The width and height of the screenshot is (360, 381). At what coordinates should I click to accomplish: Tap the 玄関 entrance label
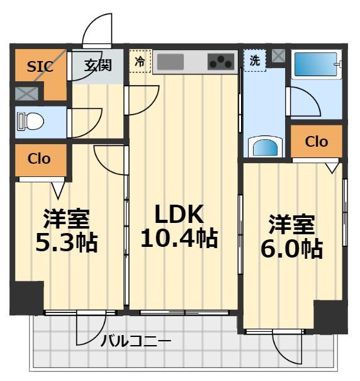tap(99, 65)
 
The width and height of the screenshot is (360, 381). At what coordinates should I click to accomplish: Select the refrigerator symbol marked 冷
tap(140, 62)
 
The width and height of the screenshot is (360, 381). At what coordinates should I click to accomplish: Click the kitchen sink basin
tap(170, 62)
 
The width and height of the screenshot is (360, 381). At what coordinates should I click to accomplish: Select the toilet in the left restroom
tap(30, 121)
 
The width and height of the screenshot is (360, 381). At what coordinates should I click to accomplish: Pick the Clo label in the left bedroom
tap(38, 158)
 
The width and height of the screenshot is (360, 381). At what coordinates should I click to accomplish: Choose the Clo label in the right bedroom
tap(316, 142)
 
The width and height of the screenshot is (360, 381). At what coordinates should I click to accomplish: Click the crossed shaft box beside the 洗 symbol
tap(278, 55)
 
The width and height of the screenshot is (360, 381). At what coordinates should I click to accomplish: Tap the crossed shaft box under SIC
tap(26, 94)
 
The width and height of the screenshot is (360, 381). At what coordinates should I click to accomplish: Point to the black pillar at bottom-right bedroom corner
tap(330, 317)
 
